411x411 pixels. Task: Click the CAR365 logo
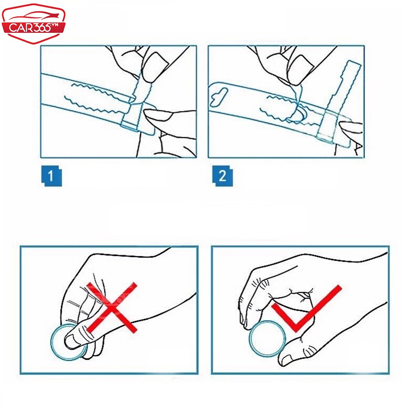33,24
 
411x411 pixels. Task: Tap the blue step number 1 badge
52,176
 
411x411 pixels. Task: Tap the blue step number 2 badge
222,176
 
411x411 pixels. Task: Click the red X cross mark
112,307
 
